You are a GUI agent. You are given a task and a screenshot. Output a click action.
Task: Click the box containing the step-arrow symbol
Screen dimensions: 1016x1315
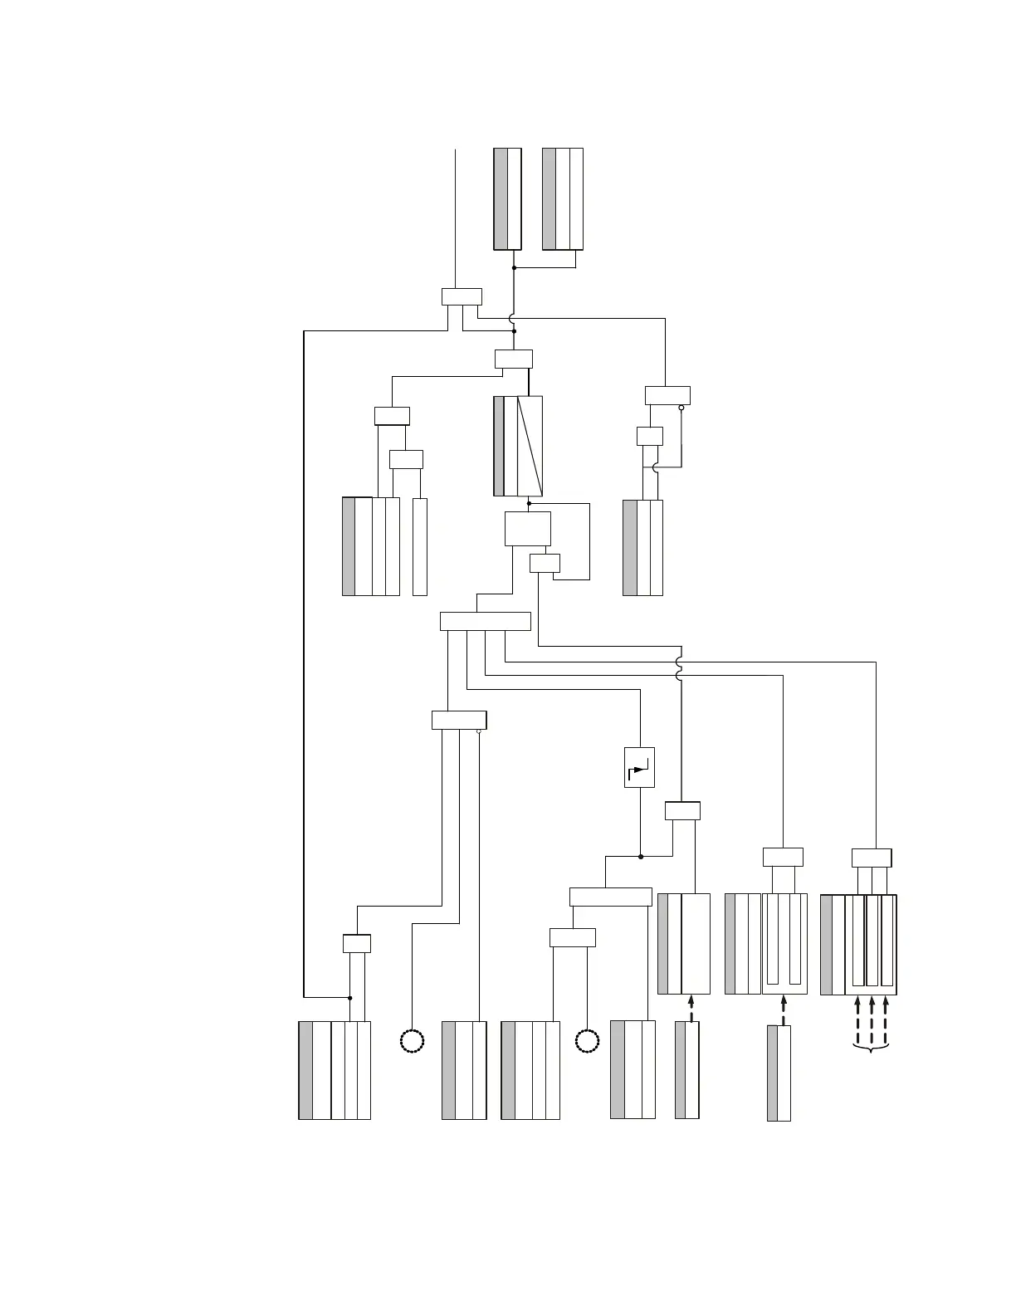tap(639, 767)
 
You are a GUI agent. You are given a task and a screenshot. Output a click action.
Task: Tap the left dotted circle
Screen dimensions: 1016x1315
tap(413, 1041)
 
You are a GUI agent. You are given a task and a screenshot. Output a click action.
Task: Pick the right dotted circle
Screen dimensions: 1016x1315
tap(587, 1041)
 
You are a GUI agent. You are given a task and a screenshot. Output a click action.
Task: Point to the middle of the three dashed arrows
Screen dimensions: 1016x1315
tap(872, 1019)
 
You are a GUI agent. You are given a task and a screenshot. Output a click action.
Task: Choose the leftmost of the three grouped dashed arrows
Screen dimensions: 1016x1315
tap(857, 1019)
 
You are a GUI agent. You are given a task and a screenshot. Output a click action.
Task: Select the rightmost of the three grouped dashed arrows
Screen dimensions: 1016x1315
tap(887, 1019)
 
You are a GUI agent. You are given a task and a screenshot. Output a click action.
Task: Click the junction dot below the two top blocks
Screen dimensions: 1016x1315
tap(515, 267)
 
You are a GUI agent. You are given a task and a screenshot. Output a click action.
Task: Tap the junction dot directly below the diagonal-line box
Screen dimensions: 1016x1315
tap(529, 503)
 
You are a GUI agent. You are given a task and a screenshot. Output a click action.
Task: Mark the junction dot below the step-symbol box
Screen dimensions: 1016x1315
tap(641, 856)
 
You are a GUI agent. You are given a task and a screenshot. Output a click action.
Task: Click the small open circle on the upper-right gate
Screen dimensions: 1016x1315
tap(681, 408)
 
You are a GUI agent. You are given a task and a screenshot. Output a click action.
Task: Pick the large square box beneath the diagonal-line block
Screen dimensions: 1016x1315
tap(528, 529)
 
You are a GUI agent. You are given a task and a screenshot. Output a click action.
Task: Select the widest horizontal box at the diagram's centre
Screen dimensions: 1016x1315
tap(485, 621)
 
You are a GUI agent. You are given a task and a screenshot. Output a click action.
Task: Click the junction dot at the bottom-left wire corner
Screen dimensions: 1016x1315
tap(350, 997)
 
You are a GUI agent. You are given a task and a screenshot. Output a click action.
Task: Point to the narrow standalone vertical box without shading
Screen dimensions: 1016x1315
tap(420, 546)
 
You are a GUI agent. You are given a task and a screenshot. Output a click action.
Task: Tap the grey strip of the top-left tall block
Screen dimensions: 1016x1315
tap(501, 198)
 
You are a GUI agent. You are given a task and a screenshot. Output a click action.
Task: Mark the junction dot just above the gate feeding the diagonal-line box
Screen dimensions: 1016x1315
tap(515, 331)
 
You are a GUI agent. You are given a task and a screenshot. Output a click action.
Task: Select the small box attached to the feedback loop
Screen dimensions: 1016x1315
tap(545, 563)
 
